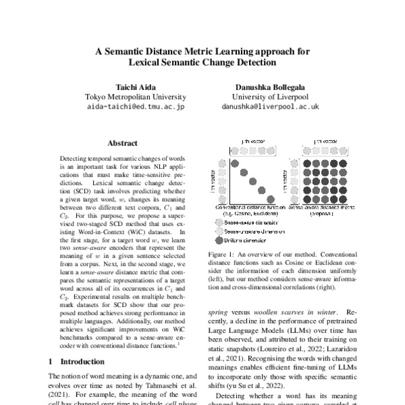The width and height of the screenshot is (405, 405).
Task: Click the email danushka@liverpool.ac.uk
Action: [x=269, y=107]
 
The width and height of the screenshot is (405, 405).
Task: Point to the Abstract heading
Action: [x=122, y=143]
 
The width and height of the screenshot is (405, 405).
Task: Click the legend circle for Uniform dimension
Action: [x=220, y=240]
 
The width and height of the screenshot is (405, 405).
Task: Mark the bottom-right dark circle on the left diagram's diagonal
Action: [x=271, y=198]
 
